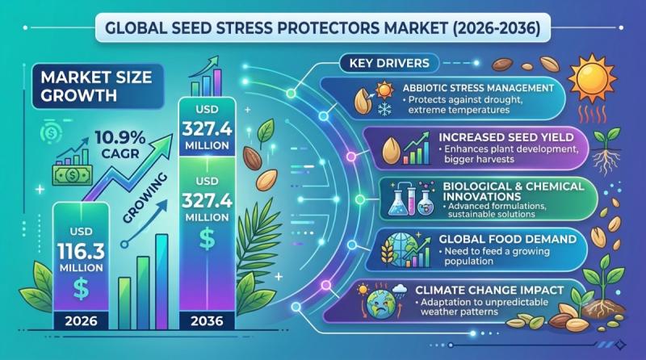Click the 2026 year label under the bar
pyautogui.click(x=82, y=321)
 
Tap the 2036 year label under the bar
pyautogui.click(x=207, y=321)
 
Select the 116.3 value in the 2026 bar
pyautogui.click(x=82, y=251)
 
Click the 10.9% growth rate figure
pyautogui.click(x=120, y=138)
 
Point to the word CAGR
pyautogui.click(x=120, y=154)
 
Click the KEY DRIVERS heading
pyautogui.click(x=389, y=63)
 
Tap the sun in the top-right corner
pyautogui.click(x=593, y=77)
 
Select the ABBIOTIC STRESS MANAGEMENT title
pyautogui.click(x=478, y=88)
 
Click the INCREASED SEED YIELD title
pyautogui.click(x=506, y=137)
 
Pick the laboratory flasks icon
pyautogui.click(x=411, y=198)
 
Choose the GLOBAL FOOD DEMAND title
pyautogui.click(x=508, y=239)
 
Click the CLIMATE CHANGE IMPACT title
pyautogui.click(x=489, y=290)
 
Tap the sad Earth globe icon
pyautogui.click(x=380, y=305)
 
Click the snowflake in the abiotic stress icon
pyautogui.click(x=384, y=109)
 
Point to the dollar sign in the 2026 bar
pyautogui.click(x=81, y=288)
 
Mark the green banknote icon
pyautogui.click(x=73, y=175)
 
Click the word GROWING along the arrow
pyautogui.click(x=145, y=198)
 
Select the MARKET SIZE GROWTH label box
pyautogui.click(x=98, y=86)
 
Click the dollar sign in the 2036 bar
pyautogui.click(x=207, y=239)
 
